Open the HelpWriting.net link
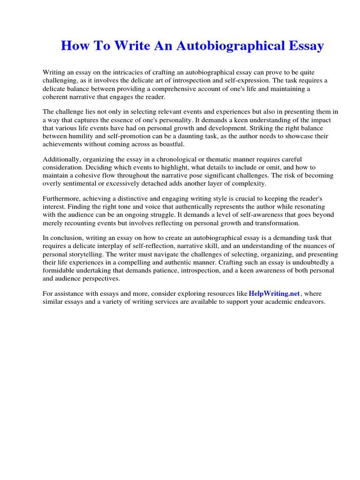274,293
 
